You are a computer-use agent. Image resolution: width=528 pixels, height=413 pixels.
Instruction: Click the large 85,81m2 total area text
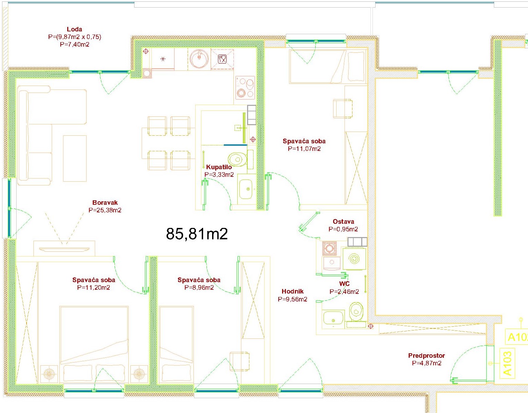click(197, 234)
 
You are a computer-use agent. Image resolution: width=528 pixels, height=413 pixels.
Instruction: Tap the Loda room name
click(74, 29)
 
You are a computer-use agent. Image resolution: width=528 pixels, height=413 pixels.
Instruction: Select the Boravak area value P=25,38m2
click(105, 210)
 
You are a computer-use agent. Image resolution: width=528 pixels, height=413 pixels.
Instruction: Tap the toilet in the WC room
click(356, 311)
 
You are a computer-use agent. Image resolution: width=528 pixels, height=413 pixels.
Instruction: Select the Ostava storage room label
click(343, 222)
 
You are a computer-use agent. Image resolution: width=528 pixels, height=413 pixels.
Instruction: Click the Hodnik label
click(292, 291)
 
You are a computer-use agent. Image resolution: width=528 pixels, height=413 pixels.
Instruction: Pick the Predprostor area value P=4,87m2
click(426, 363)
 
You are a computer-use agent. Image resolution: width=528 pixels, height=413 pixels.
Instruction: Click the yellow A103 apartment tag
click(507, 363)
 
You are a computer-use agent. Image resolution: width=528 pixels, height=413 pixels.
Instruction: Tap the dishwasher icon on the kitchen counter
click(222, 59)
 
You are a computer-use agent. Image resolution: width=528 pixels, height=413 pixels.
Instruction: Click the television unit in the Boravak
click(64, 249)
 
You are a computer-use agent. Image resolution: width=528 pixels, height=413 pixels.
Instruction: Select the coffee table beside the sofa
click(75, 159)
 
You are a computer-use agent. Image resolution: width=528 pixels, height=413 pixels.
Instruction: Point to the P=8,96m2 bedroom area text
click(199, 288)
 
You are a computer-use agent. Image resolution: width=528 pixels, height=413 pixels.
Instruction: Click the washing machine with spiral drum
click(354, 259)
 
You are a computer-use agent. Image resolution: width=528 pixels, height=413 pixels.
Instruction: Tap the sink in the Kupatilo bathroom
click(246, 189)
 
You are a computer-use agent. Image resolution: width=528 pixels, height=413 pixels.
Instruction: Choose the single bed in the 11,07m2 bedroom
click(328, 67)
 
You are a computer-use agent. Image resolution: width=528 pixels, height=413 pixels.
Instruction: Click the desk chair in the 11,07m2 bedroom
click(342, 108)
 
